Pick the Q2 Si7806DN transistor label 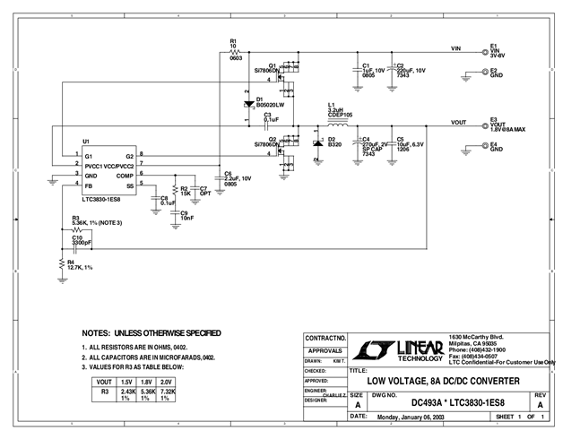pyautogui.click(x=267, y=142)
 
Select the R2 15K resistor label pyautogui.click(x=186, y=192)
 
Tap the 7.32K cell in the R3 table pyautogui.click(x=169, y=395)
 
